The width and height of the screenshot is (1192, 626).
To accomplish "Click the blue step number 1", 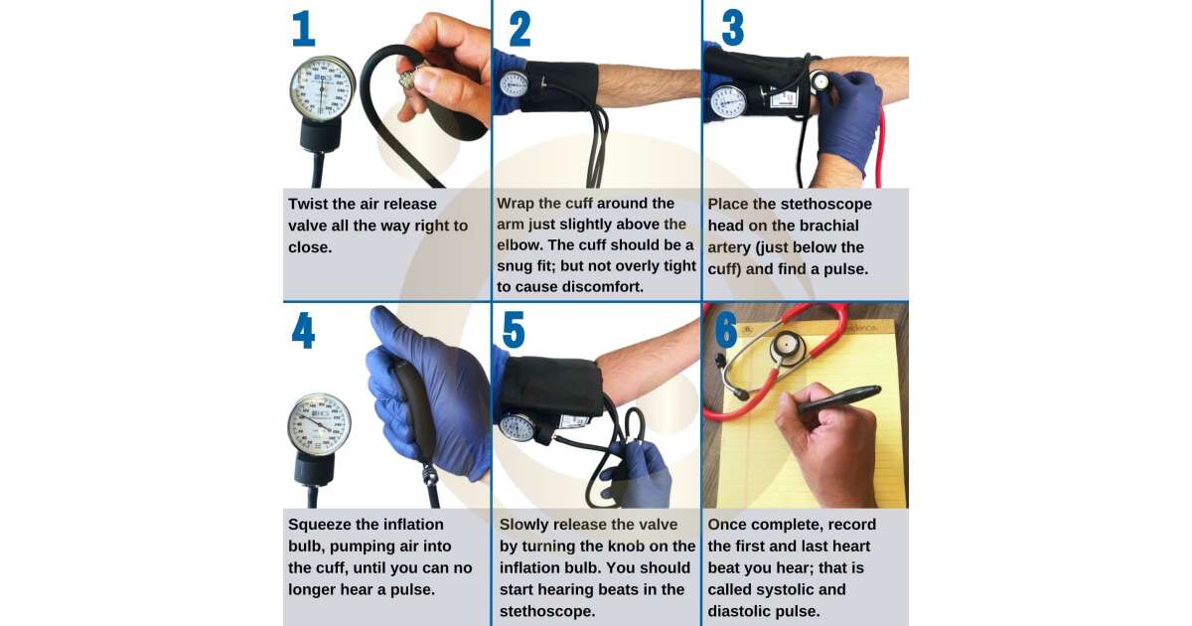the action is click(304, 29).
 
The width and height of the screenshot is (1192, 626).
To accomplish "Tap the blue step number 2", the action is click(520, 29).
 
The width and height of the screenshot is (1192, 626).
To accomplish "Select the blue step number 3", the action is click(733, 28).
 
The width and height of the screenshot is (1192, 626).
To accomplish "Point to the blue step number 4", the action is click(303, 331).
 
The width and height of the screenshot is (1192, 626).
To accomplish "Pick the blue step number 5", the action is click(514, 330).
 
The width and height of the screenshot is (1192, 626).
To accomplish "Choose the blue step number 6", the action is click(726, 330).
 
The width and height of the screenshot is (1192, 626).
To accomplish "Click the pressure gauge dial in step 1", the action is click(323, 88).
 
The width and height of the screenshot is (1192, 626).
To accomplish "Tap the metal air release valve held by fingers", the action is click(409, 78).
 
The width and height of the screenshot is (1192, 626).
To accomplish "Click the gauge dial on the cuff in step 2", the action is click(514, 84).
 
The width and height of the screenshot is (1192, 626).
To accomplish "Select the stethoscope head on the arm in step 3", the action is click(820, 81).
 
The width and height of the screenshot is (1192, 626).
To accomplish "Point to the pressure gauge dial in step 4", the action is click(319, 424).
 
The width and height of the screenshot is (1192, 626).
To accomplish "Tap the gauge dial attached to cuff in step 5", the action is click(518, 427).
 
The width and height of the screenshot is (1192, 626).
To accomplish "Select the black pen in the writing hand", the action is click(839, 398).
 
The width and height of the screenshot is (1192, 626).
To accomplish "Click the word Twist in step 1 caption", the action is click(308, 204).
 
